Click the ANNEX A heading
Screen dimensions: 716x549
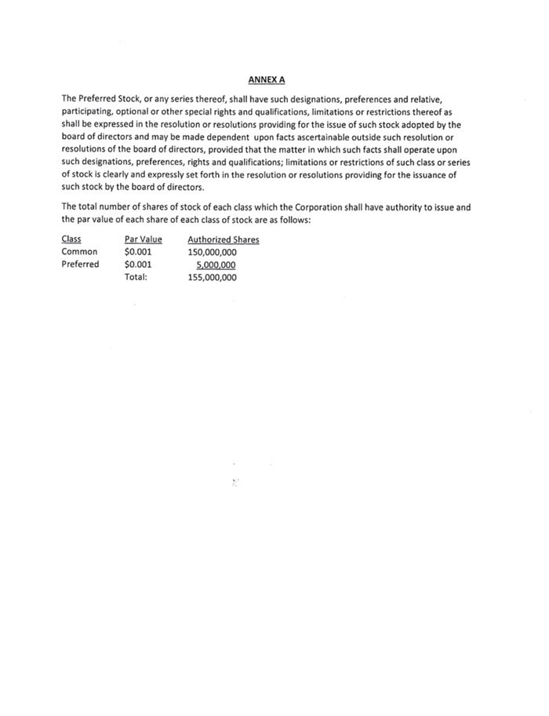(x=266, y=79)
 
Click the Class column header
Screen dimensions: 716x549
(x=71, y=239)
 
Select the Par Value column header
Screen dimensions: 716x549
(x=143, y=239)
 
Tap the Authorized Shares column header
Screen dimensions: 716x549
(x=224, y=239)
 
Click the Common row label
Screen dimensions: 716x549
(x=79, y=252)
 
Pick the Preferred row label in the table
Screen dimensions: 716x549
(x=81, y=265)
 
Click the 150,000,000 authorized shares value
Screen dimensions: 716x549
(x=213, y=252)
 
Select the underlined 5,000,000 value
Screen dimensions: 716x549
(x=216, y=265)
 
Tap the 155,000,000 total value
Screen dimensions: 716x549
(x=213, y=277)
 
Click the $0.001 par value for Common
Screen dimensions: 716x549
(x=138, y=252)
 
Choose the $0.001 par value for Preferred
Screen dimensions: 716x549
(x=138, y=265)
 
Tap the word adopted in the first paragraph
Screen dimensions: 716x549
(x=424, y=124)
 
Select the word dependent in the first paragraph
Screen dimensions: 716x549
(x=213, y=137)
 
